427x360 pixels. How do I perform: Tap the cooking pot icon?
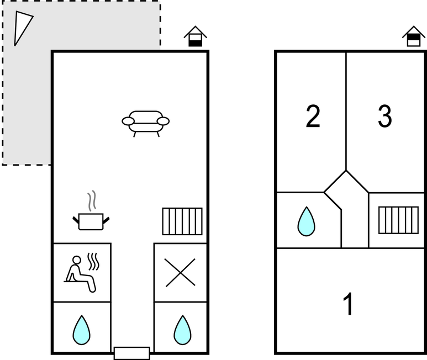[x=91, y=221]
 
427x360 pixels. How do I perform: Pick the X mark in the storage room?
[x=181, y=272]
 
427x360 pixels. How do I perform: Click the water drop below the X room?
[x=182, y=330]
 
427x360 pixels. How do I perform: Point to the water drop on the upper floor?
[x=306, y=221]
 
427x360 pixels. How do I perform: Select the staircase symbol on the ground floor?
[x=182, y=221]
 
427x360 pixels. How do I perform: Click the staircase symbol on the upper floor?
[x=398, y=220]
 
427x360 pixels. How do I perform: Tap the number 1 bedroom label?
[x=349, y=304]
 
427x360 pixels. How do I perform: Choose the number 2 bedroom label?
[x=313, y=117]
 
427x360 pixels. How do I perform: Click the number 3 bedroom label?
[x=385, y=117]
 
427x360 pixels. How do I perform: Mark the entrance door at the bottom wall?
[x=132, y=353]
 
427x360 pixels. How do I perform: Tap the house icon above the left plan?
[x=195, y=36]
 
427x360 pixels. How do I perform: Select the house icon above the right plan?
[x=414, y=36]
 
